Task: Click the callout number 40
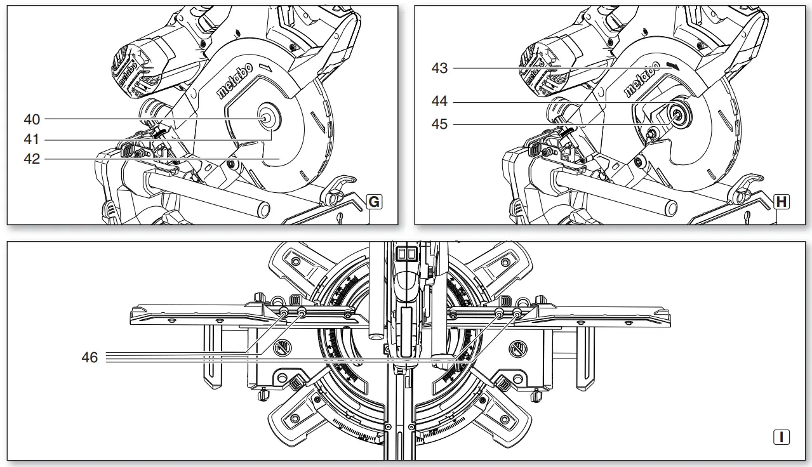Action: [32, 119]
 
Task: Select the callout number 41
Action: [32, 139]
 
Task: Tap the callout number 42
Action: [32, 159]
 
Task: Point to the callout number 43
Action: [439, 68]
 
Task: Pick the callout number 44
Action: [439, 102]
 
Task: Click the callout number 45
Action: [439, 124]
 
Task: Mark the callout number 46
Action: [90, 358]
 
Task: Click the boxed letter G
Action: [375, 202]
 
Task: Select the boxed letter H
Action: [782, 202]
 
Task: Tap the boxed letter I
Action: [782, 437]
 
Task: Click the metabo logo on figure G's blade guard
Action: [236, 81]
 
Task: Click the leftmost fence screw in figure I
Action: [283, 312]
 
